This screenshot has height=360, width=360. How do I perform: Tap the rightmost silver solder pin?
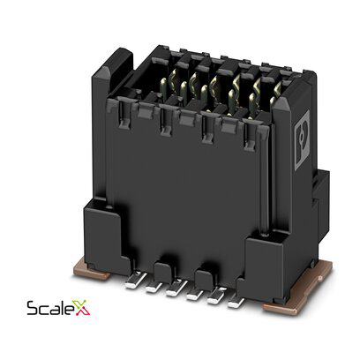tap(234, 301)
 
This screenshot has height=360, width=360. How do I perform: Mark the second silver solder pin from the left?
tap(152, 284)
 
